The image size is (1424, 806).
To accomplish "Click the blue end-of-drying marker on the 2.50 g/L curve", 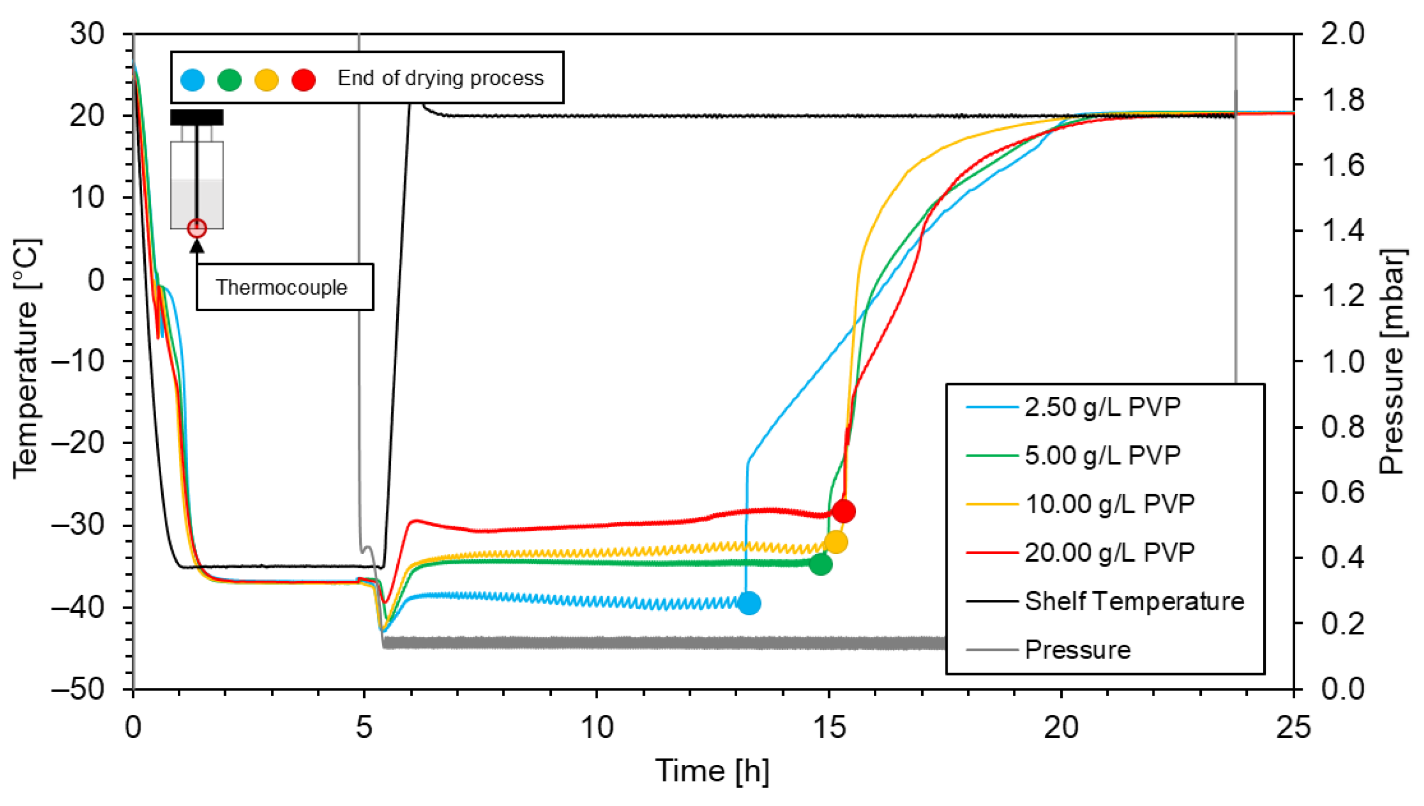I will [x=749, y=603].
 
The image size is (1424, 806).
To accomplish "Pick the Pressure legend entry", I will [x=1077, y=650].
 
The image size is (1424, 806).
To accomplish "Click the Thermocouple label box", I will [x=284, y=287].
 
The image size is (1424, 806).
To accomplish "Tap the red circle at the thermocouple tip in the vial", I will [x=197, y=228].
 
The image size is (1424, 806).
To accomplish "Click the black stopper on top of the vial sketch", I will [x=196, y=117].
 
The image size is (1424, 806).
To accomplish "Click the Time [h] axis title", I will [x=712, y=770].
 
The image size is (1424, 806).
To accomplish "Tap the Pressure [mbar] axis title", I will [x=1389, y=362].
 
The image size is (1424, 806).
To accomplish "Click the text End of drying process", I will [x=440, y=78].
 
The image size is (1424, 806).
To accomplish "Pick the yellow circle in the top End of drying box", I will [x=266, y=80].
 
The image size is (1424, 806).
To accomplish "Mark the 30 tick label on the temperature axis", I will [x=87, y=35].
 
